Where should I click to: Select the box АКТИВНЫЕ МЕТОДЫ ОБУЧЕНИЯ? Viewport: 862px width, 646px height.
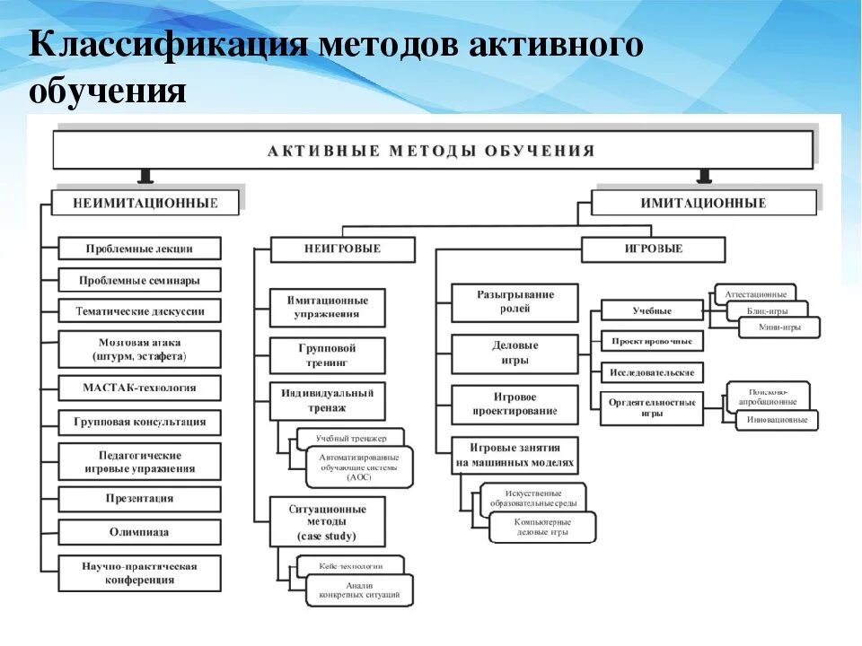[x=432, y=150]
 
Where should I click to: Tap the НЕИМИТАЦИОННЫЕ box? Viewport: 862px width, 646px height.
[x=145, y=203]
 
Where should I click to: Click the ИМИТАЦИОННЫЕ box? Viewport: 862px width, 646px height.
[x=704, y=203]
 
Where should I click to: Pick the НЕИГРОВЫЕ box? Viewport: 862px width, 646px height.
[x=342, y=249]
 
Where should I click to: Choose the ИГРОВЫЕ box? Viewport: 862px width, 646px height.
[x=653, y=249]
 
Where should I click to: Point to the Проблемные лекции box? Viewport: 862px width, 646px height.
[x=139, y=249]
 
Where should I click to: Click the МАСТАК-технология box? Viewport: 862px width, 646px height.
[x=139, y=388]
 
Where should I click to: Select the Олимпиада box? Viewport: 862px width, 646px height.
[x=139, y=532]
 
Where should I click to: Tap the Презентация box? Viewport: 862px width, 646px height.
[x=139, y=499]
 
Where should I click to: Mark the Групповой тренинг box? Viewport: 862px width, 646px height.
[x=328, y=355]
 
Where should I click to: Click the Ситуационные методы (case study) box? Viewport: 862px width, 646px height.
[x=328, y=522]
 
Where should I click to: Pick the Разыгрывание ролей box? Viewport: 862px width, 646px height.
[x=515, y=301]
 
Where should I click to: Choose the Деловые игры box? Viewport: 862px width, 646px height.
[x=515, y=353]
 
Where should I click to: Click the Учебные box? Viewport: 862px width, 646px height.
[x=652, y=311]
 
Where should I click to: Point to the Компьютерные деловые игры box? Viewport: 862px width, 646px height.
[x=542, y=527]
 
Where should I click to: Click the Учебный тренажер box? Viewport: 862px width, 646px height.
[x=351, y=438]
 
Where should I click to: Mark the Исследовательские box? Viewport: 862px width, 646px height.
[x=652, y=371]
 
